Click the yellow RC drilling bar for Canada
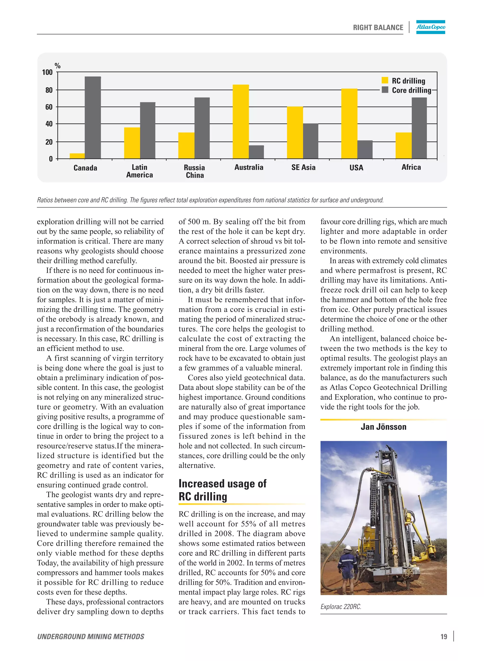(x=77, y=156)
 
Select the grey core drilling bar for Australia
(x=256, y=152)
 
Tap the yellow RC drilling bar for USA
(x=349, y=124)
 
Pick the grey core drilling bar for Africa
(x=419, y=128)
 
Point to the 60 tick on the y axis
(x=49, y=107)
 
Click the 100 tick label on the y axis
(x=47, y=72)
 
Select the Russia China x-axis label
(x=194, y=171)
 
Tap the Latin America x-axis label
(x=139, y=171)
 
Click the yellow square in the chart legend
(x=385, y=81)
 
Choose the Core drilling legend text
(x=411, y=90)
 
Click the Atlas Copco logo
(x=430, y=27)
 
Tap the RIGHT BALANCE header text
(x=378, y=28)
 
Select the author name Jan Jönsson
(x=383, y=427)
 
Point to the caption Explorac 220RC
(x=341, y=606)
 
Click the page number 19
(x=444, y=637)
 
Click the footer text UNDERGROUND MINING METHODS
(x=91, y=637)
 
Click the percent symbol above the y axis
(x=57, y=66)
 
